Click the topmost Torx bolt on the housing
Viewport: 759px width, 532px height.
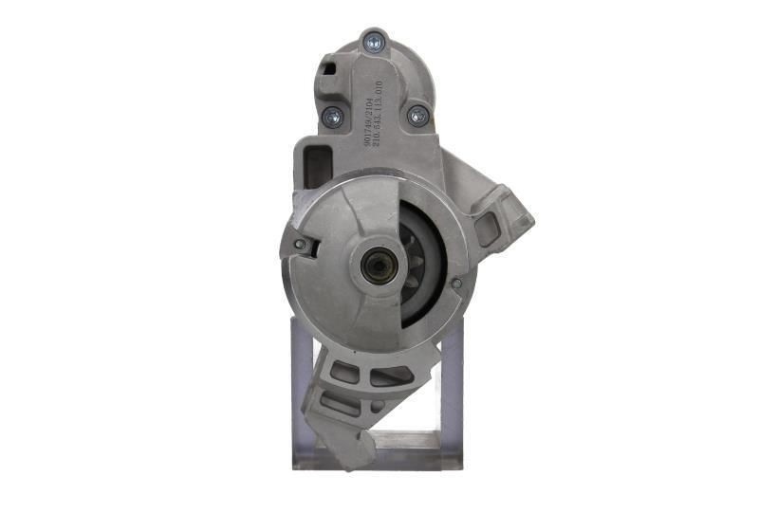coord(374,41)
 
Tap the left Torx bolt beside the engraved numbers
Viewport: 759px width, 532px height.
coord(332,117)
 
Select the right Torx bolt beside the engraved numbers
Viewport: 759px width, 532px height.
coord(417,116)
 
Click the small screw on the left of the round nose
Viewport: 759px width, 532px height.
coord(300,245)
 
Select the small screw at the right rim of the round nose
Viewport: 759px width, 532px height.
coord(456,283)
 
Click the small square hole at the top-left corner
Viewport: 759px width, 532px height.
coord(329,67)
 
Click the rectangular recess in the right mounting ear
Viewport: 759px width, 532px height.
coord(490,228)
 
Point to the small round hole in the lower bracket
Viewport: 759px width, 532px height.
coord(377,407)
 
